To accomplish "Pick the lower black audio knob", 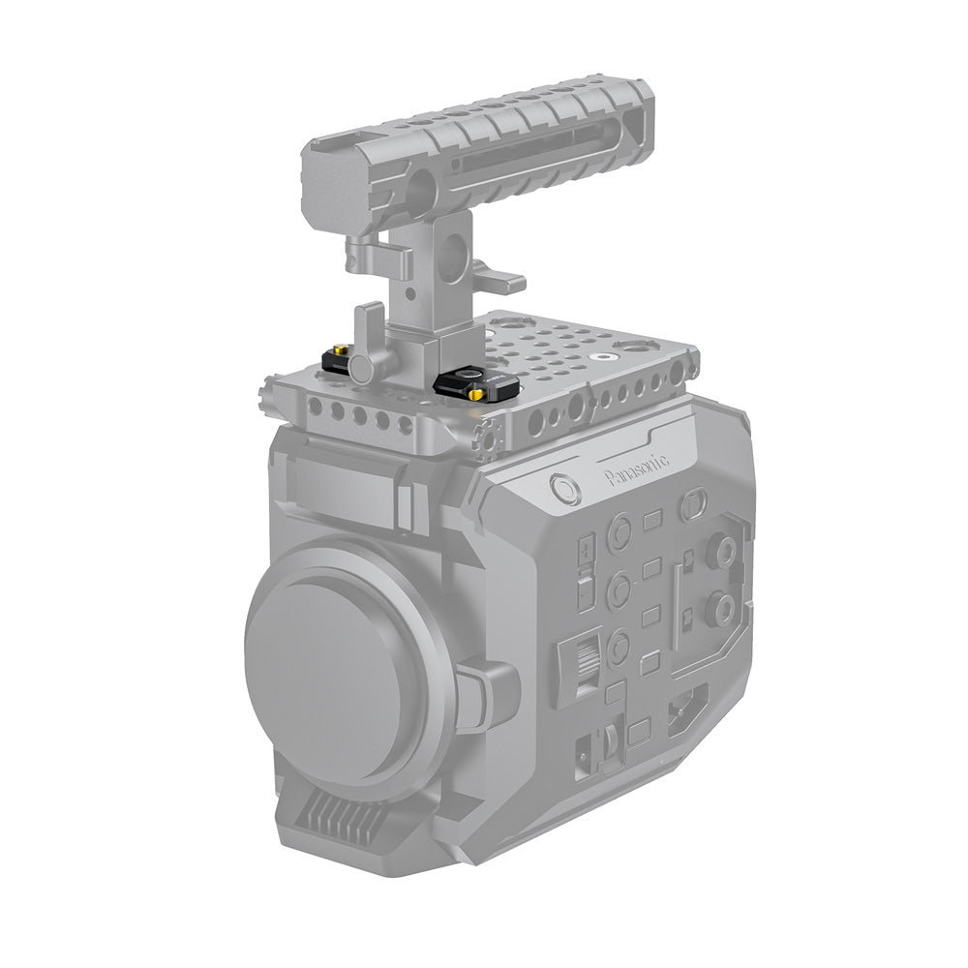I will point(719,609).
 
